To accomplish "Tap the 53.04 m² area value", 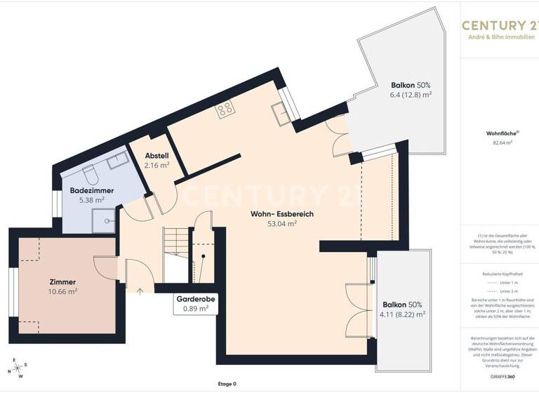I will coord(282,225).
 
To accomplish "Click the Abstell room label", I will coord(157,155).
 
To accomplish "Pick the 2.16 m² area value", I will coord(157,166).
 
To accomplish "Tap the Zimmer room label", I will coord(62,281).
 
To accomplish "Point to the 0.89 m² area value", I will coord(195,308).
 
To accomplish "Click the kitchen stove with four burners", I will coord(225,109).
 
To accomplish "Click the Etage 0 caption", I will coord(226,384).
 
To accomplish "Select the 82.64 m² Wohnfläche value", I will coord(503,142).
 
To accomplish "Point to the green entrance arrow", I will coord(140,290).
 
